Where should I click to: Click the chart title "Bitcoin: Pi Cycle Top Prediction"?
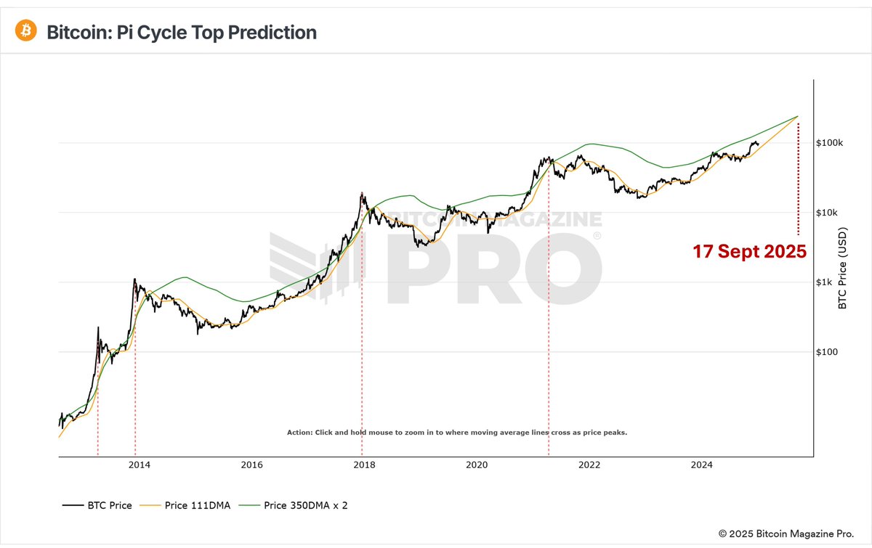pos(182,33)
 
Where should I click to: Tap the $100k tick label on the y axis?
pos(830,143)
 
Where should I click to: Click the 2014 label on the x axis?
pos(139,465)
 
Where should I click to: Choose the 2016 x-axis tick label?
pos(251,465)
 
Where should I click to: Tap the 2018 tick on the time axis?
pos(363,465)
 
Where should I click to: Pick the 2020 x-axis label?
pos(476,465)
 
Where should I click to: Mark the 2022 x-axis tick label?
pos(589,465)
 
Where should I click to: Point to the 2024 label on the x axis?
pos(701,465)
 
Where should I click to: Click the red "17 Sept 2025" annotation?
pos(749,252)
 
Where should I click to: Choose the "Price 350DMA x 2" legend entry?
pos(296,505)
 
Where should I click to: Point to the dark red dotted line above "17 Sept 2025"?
pos(798,178)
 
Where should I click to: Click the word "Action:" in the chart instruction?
pos(299,433)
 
